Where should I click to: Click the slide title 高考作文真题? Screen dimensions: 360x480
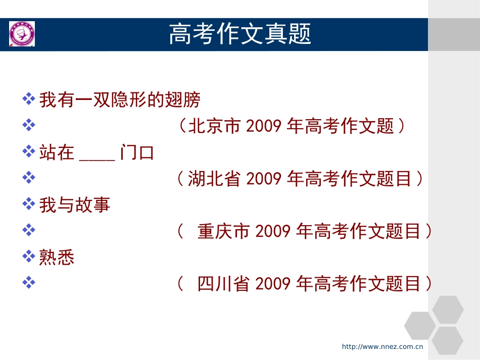tap(239, 34)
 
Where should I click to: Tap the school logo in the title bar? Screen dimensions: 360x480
tap(22, 34)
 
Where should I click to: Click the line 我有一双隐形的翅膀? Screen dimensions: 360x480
tap(120, 100)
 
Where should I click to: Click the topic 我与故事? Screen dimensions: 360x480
tap(75, 205)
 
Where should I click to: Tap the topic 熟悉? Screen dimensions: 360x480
tap(57, 258)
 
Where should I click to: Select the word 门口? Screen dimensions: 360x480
tap(137, 152)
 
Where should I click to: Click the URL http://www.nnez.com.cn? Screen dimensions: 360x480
tap(382, 346)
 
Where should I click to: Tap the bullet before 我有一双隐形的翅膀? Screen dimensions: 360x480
tap(29, 98)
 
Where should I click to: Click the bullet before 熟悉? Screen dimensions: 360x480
tap(29, 256)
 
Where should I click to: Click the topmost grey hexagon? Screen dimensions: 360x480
tap(448, 309)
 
